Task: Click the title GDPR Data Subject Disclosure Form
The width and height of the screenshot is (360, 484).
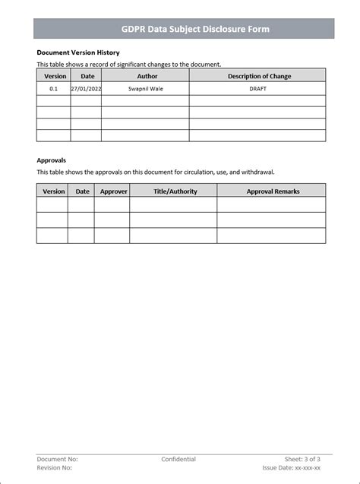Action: tap(185, 30)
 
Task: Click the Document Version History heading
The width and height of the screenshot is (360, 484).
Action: tap(78, 52)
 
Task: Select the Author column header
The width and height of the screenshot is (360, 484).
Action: tap(147, 76)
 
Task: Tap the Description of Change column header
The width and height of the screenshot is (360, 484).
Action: tap(259, 76)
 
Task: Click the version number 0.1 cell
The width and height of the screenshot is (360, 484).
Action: tap(53, 89)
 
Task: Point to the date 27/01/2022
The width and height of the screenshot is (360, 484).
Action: tap(86, 89)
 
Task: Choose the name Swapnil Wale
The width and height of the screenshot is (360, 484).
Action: tap(147, 89)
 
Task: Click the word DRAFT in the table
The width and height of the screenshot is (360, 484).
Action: tap(258, 89)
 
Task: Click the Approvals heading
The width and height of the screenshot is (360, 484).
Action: tap(52, 160)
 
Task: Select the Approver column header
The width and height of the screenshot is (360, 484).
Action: tap(114, 191)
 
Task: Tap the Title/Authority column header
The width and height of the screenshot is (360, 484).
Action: tap(175, 191)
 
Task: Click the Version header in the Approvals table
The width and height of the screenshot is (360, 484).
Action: tap(54, 191)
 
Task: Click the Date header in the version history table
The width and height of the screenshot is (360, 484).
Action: tap(87, 76)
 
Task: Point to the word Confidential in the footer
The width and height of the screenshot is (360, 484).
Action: tap(178, 459)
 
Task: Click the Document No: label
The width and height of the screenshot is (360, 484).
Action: tap(58, 459)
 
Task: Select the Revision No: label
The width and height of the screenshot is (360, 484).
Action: tap(57, 468)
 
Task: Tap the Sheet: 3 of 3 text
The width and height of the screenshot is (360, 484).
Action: tap(302, 459)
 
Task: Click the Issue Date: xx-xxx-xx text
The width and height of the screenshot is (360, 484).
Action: tap(292, 468)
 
